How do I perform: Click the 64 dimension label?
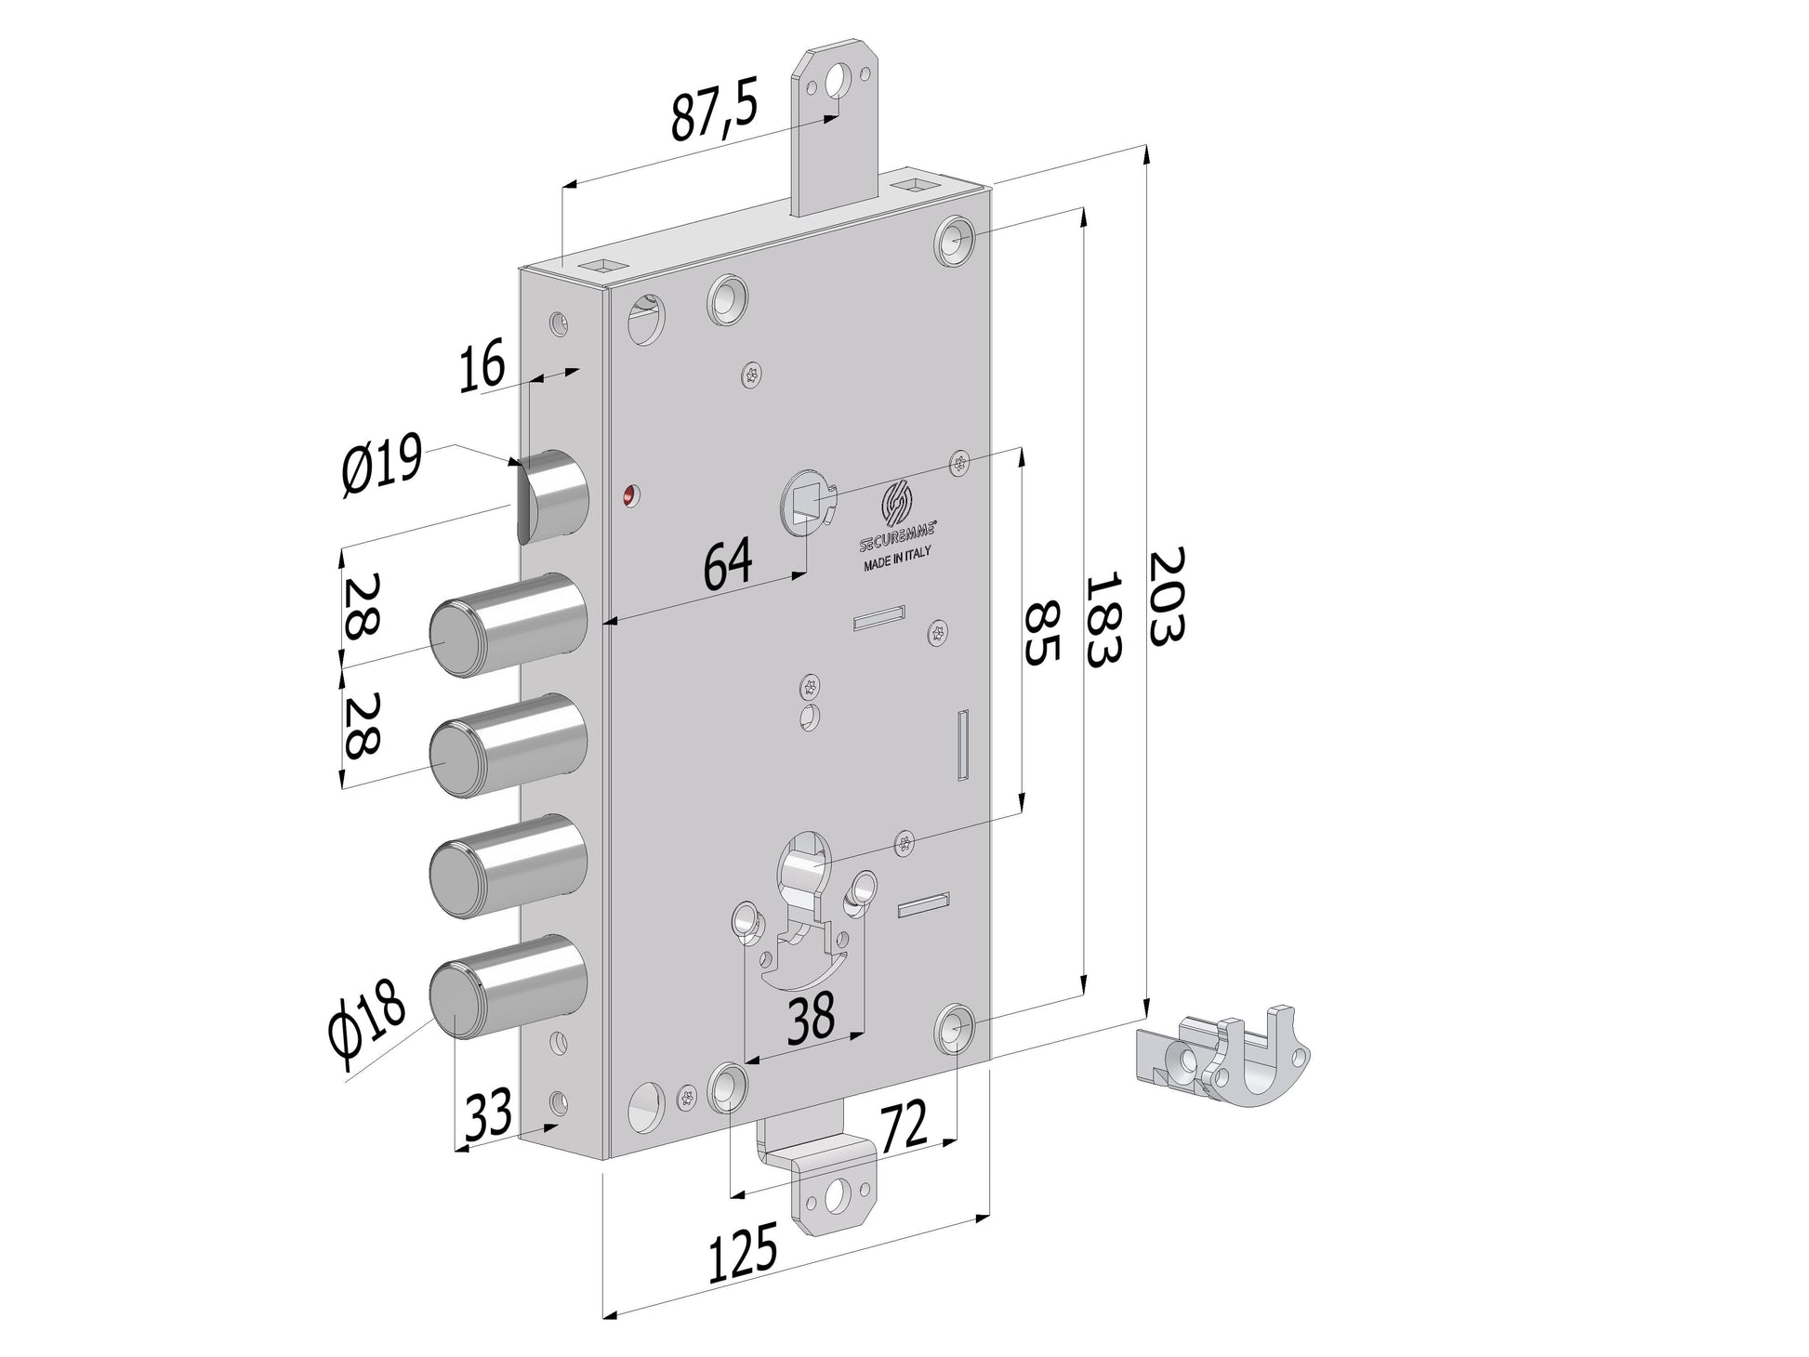727,564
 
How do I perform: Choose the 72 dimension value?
904,1126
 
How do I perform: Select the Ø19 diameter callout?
382,466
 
